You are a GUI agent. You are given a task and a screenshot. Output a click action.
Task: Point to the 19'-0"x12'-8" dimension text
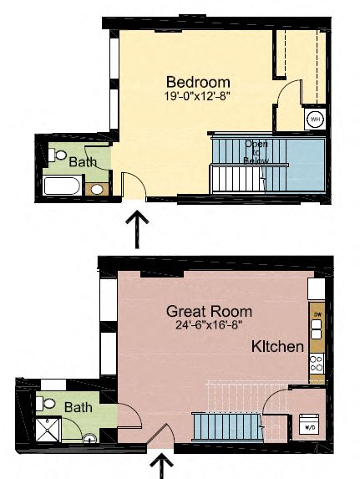198,96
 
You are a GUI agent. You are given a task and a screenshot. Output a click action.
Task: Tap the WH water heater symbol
315,120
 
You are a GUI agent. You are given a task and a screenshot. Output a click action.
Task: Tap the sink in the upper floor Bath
97,189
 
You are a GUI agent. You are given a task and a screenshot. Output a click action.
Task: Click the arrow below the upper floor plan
136,228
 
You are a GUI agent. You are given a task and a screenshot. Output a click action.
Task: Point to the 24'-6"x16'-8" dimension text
209,324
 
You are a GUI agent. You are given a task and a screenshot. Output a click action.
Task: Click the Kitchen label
276,346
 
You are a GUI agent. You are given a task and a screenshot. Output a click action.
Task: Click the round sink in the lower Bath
89,439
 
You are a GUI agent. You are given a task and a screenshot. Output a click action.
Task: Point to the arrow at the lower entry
161,464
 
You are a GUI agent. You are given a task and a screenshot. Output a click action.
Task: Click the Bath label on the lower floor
79,407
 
